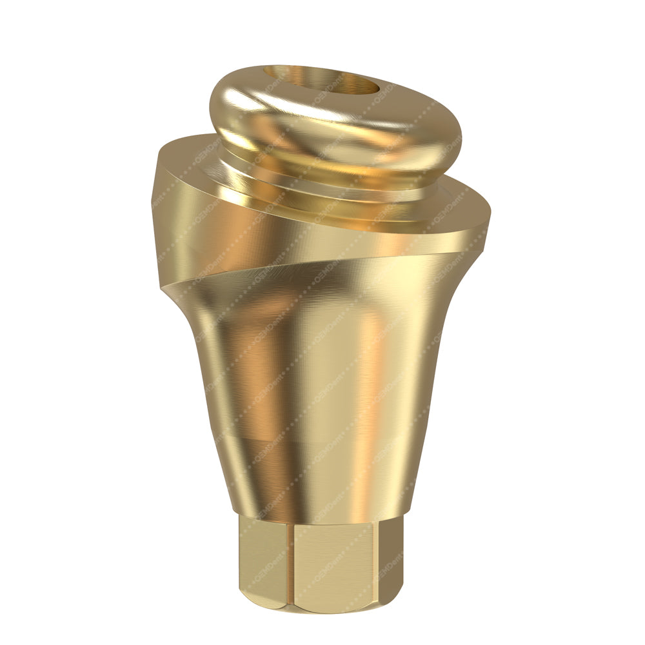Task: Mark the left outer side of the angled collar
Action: (x=169, y=213)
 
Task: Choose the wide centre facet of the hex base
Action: (x=335, y=568)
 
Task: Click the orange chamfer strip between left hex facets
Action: (x=290, y=568)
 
